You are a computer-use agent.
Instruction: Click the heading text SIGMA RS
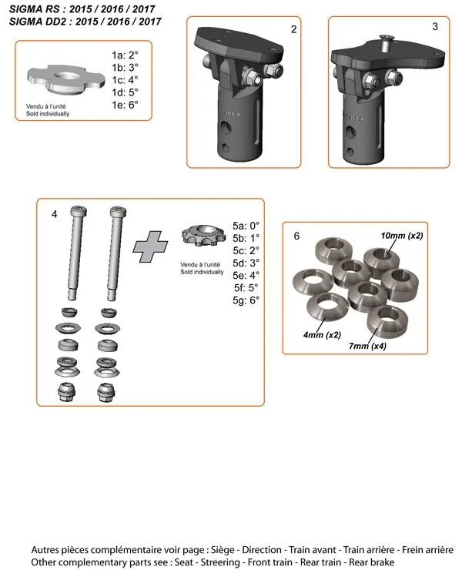pyautogui.click(x=38, y=8)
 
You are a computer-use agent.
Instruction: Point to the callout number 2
pyautogui.click(x=294, y=28)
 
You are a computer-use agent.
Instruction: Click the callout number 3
pyautogui.click(x=435, y=27)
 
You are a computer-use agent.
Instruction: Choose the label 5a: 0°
pyautogui.click(x=246, y=226)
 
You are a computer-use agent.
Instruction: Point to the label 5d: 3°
pyautogui.click(x=246, y=263)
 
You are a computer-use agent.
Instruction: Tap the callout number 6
pyautogui.click(x=297, y=236)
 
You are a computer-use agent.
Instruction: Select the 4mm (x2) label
pyautogui.click(x=322, y=334)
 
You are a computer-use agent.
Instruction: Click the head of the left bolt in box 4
pyautogui.click(x=78, y=210)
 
